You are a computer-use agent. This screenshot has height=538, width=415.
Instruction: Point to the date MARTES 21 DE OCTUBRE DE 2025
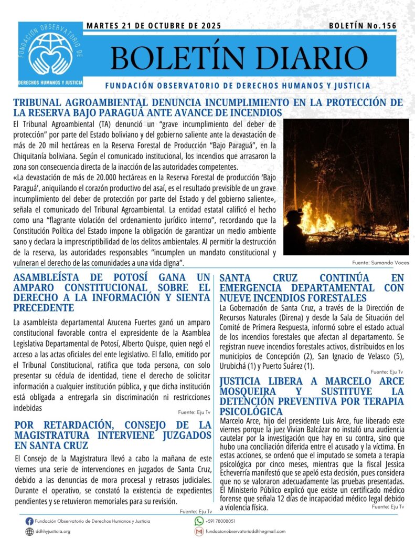click(154, 25)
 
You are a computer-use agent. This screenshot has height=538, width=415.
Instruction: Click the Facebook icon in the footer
click(29, 521)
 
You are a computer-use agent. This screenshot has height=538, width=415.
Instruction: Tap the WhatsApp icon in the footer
click(199, 521)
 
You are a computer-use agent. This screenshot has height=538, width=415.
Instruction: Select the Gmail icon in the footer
click(199, 531)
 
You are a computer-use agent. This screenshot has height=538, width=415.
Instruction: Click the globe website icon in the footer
click(29, 531)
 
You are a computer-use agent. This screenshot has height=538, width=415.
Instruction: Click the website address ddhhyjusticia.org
click(53, 531)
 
